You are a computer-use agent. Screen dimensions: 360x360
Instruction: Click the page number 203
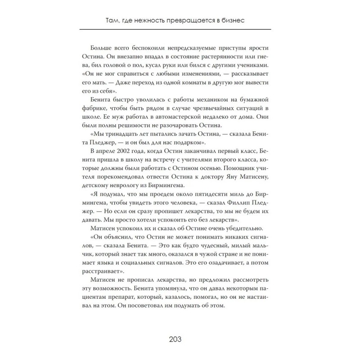click(180, 339)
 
